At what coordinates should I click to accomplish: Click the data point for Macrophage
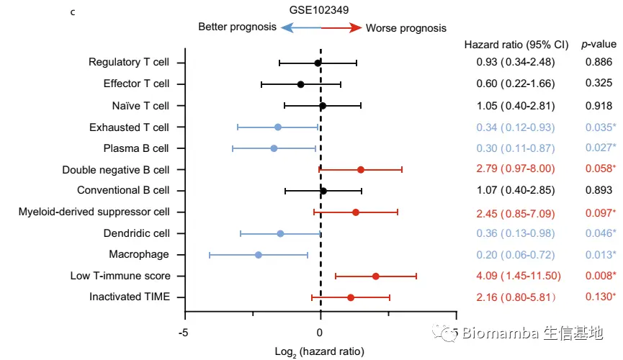[x=258, y=255]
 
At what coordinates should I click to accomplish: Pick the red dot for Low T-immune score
[x=375, y=276]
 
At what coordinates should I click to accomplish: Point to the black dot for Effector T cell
[x=300, y=84]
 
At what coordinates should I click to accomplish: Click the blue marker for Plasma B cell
[x=274, y=148]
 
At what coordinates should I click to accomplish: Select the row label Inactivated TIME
[x=129, y=297]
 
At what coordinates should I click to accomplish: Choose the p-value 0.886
[x=598, y=63]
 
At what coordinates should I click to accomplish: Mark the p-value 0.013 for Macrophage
[x=599, y=255]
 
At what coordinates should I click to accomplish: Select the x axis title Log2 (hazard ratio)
[x=320, y=352]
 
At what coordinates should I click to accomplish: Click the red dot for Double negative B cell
[x=360, y=170]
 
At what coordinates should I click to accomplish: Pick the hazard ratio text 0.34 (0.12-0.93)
[x=516, y=127]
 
